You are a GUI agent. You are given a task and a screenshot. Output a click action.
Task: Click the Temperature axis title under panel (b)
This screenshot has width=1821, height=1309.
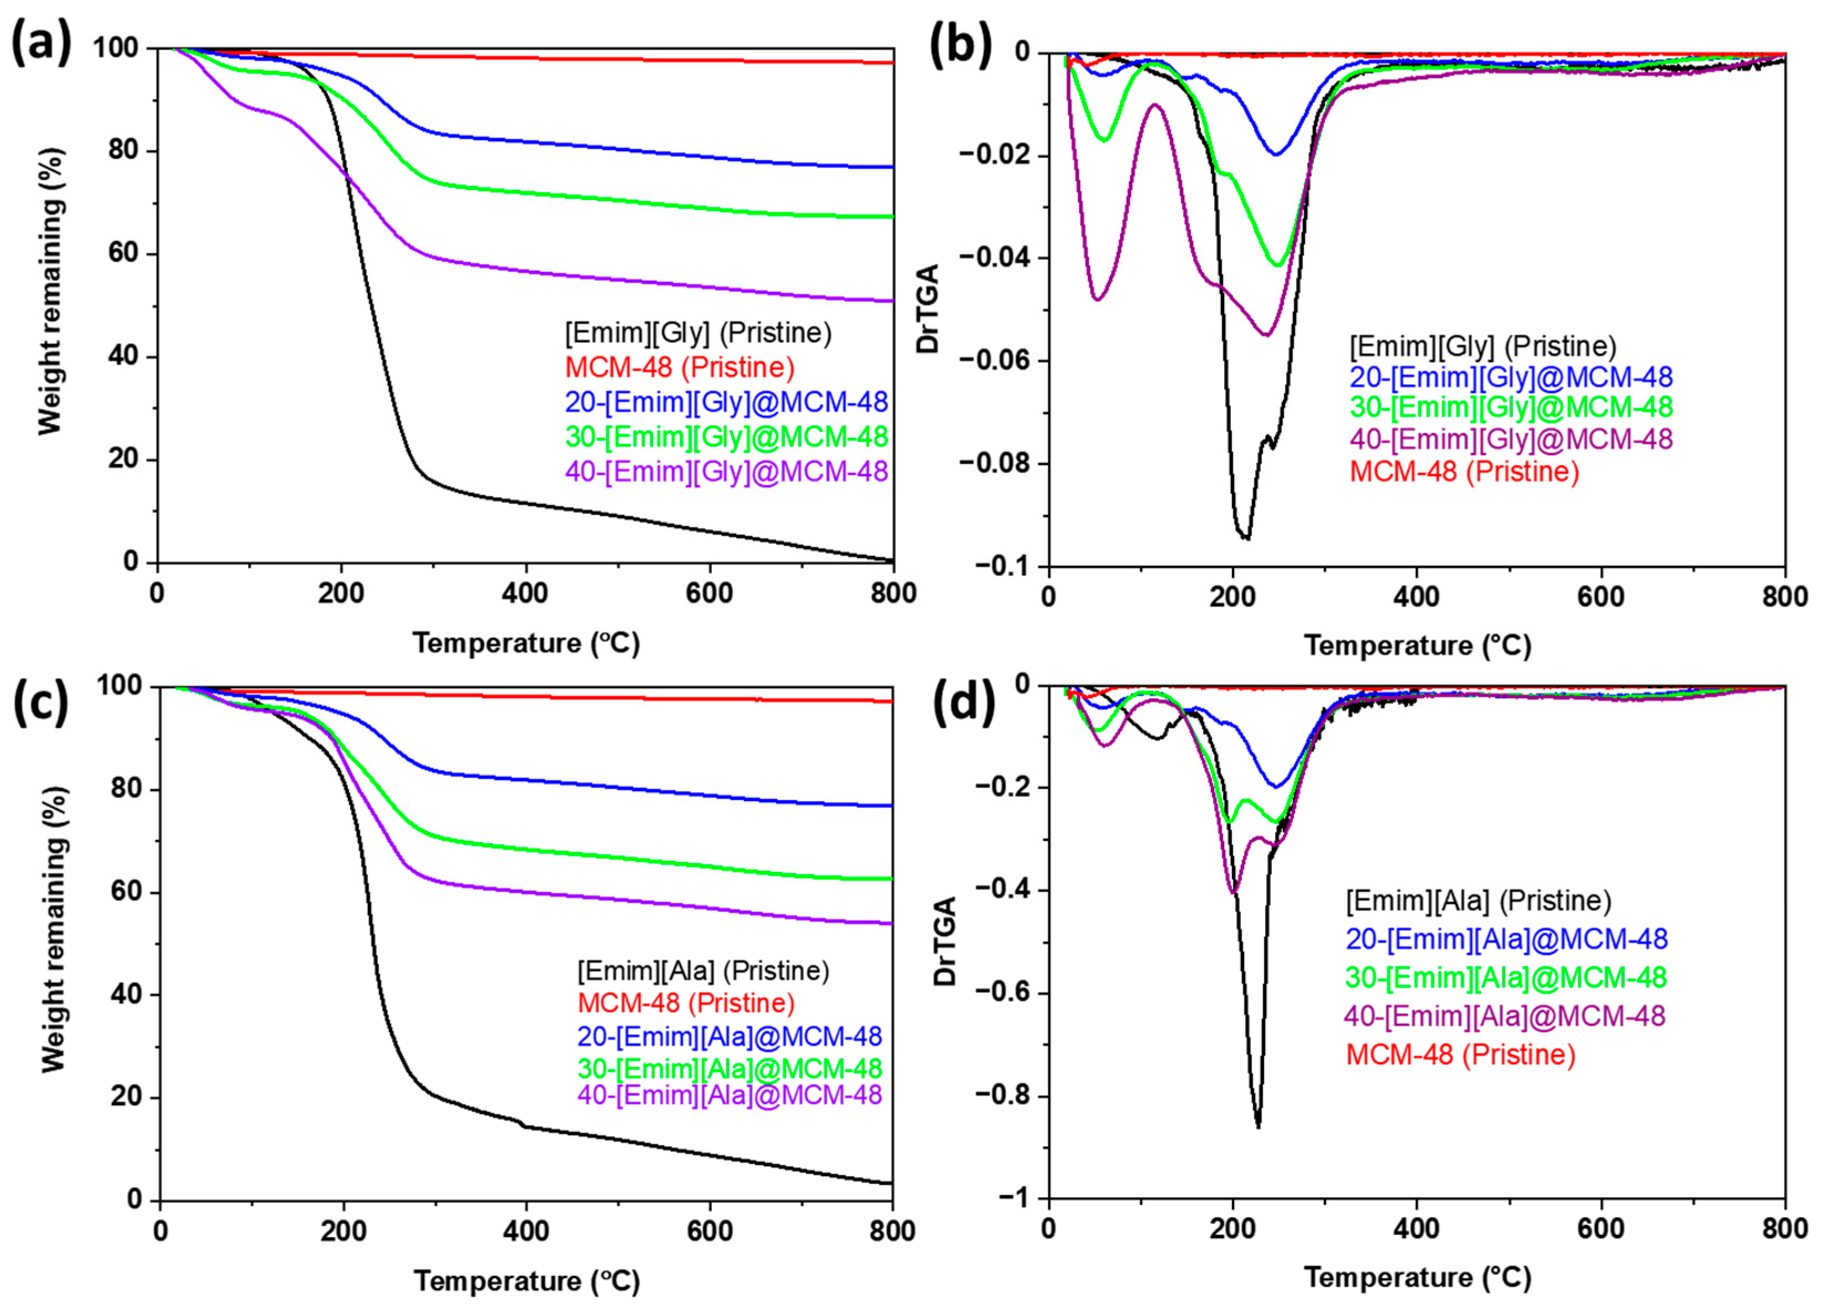[1417, 645]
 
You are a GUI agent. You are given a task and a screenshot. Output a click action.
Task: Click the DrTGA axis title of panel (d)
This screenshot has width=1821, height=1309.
[946, 941]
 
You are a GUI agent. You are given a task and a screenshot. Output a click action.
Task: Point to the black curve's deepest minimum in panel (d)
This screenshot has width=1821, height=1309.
[1257, 1127]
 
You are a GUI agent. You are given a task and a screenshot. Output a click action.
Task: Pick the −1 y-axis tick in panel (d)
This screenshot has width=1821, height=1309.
[1013, 1198]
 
